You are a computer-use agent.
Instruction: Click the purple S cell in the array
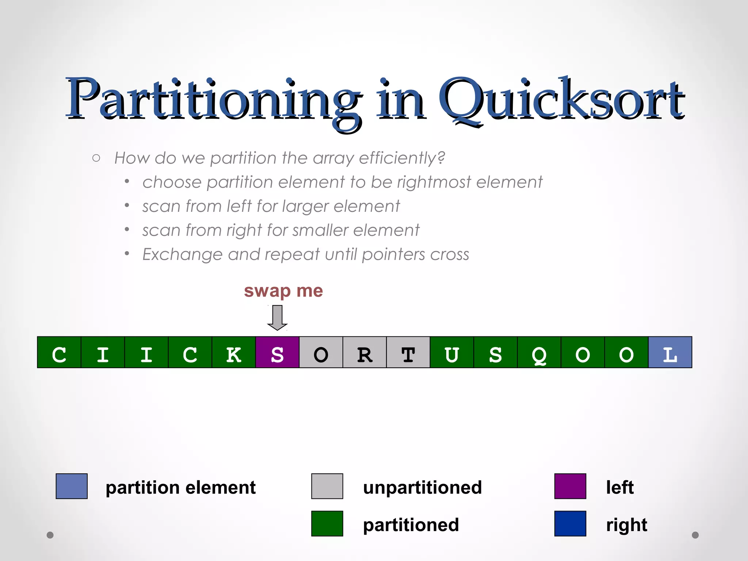(x=277, y=352)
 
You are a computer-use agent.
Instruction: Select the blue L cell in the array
(x=670, y=352)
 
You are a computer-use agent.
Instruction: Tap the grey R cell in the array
(x=365, y=352)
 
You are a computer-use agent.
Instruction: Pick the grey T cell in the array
(x=408, y=352)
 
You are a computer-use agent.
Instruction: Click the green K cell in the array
(x=234, y=352)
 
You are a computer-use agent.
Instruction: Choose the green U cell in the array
(x=452, y=352)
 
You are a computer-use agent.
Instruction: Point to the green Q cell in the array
(x=539, y=352)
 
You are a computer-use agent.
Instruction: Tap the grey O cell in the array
(x=321, y=352)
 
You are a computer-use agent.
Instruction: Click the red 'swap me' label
(x=283, y=291)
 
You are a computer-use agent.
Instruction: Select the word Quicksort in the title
(x=561, y=100)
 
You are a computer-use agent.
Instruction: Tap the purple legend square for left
(x=570, y=486)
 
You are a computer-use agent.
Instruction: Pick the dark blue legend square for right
(x=570, y=523)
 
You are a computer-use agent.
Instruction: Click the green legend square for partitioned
(x=327, y=523)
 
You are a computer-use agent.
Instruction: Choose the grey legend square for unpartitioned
(x=327, y=486)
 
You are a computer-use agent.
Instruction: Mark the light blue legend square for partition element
(x=72, y=486)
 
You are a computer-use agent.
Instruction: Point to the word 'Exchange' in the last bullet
(x=182, y=255)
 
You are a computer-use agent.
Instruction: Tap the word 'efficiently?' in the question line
(x=402, y=158)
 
